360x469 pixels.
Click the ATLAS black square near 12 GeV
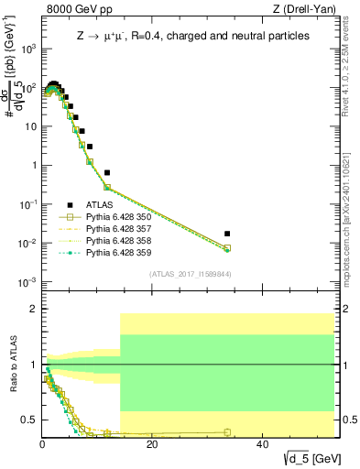[x=107, y=172]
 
